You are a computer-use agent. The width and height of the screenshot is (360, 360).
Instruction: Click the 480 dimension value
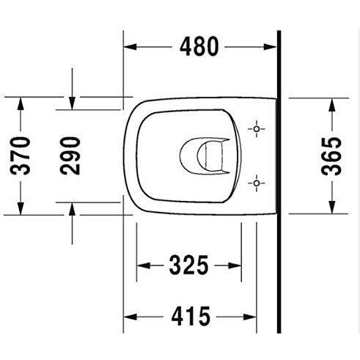point(199,46)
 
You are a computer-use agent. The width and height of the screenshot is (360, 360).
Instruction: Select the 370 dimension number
point(21,156)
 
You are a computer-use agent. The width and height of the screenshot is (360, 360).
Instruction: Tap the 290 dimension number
point(70,156)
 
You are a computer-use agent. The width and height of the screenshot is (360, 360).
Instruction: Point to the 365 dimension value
point(331,156)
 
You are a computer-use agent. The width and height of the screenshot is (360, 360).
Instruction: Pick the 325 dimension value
point(188,265)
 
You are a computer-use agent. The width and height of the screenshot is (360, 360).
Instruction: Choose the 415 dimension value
point(191,317)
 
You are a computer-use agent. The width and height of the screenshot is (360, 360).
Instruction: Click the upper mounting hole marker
point(257,129)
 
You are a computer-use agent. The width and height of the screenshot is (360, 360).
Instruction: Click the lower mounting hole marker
point(257,183)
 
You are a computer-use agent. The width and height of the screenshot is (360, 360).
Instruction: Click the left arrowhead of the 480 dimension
point(130,46)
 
